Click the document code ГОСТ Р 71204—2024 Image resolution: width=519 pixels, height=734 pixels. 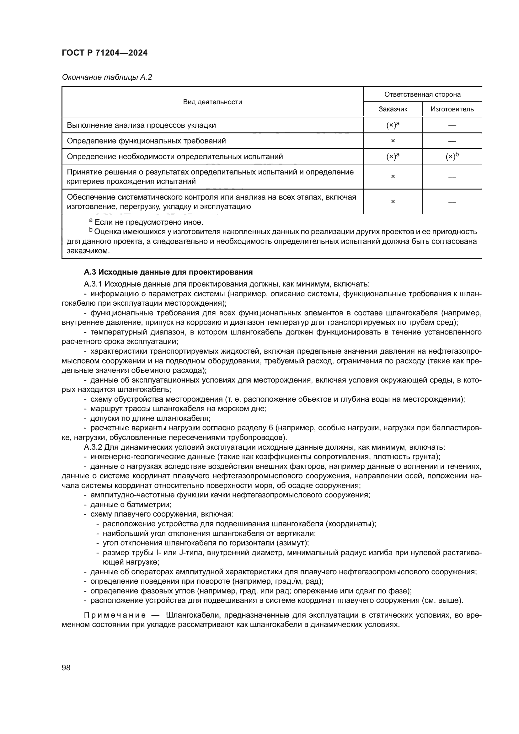pos(104,53)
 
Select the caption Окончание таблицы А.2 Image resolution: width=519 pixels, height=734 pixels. pos(107,77)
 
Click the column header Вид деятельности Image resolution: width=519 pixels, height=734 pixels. pos(212,102)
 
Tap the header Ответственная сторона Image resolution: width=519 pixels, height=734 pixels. pos(422,94)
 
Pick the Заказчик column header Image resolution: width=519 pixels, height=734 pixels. pos(393,109)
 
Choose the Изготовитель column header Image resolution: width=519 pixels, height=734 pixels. pos(452,109)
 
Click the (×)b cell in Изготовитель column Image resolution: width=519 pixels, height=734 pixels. pos(452,156)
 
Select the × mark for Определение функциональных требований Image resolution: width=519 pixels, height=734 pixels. pos(393,141)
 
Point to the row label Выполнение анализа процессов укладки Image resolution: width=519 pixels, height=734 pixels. pos(141,125)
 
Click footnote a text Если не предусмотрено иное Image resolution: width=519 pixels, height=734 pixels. pos(149,222)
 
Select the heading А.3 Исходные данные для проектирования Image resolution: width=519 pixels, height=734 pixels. pos(168,272)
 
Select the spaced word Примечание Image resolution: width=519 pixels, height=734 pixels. pos(115,615)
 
